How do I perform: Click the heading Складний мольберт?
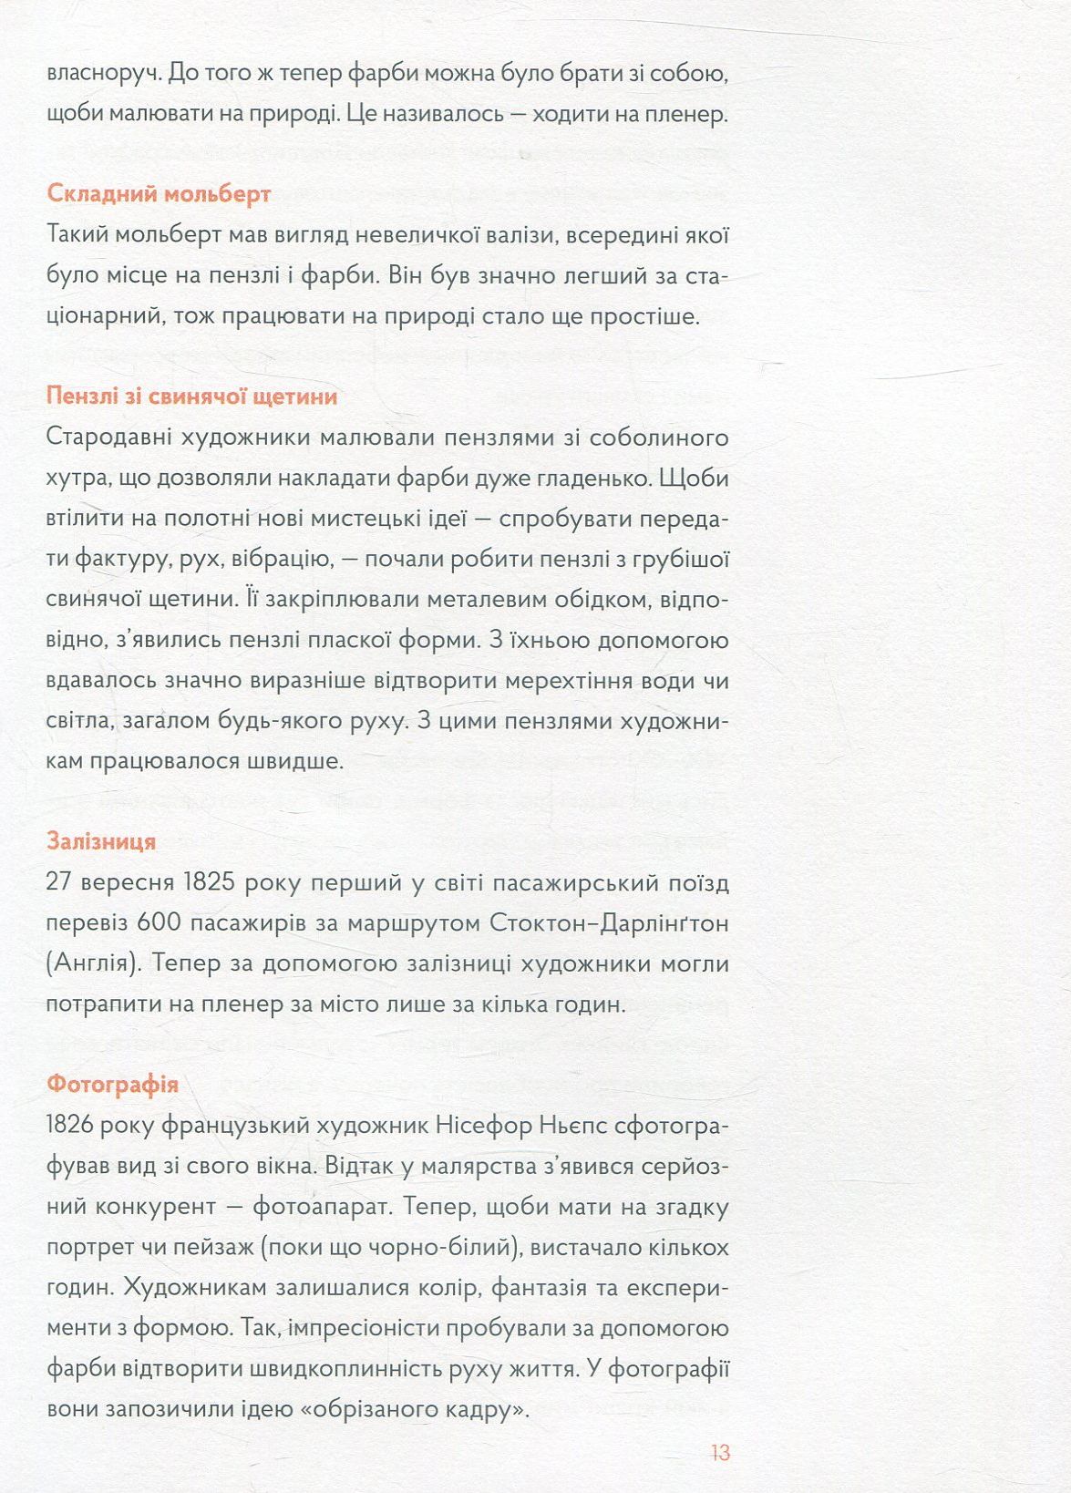pos(159,194)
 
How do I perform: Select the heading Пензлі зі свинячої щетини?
pos(191,396)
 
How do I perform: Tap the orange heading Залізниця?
pos(101,841)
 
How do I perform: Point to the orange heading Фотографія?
pos(112,1085)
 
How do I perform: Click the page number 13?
pos(720,1452)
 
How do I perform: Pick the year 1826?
pos(70,1126)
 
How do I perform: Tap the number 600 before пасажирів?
pos(160,923)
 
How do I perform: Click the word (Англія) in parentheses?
pos(92,964)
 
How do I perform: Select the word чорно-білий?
pos(443,1248)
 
